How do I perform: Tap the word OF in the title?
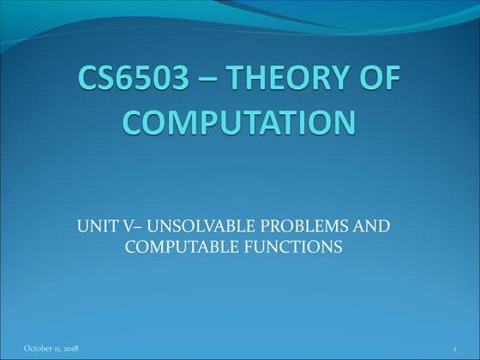[x=378, y=82]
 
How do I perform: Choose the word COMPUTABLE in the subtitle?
[x=174, y=247]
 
